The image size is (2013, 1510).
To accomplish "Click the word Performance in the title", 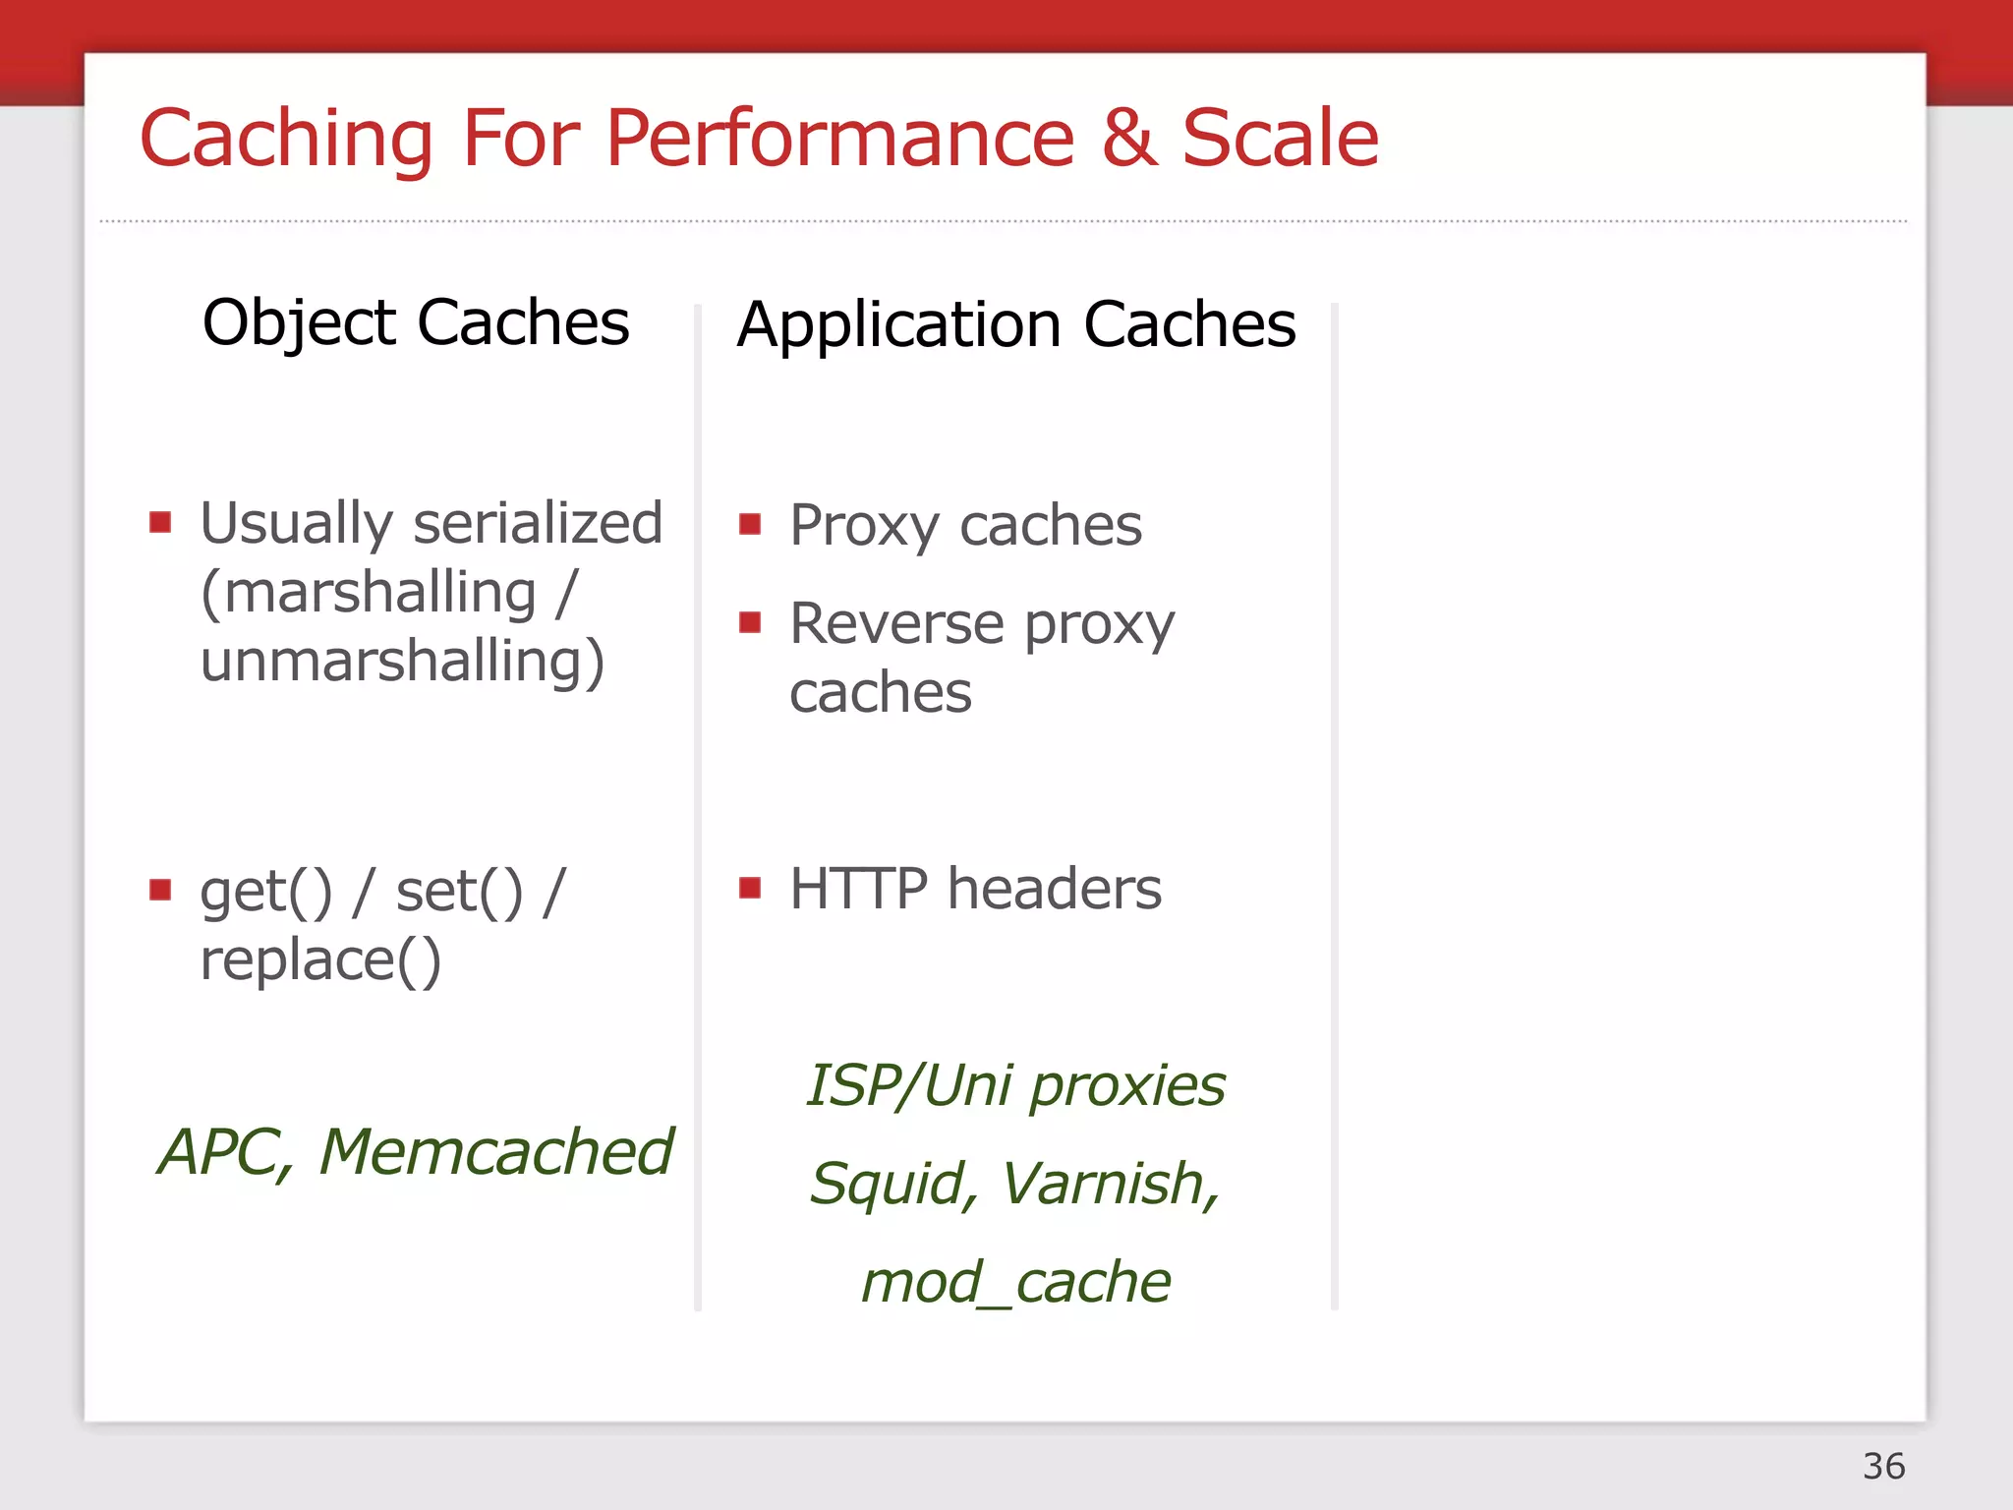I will coord(840,140).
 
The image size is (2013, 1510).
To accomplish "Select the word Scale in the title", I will coord(1280,140).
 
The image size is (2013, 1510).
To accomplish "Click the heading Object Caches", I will coord(416,323).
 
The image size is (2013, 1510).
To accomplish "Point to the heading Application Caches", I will coord(1016,325).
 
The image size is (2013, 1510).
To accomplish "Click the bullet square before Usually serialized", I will coord(160,521).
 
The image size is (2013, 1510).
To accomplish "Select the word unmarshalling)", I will coord(403,661).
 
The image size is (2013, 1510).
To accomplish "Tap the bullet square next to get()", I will coord(160,890).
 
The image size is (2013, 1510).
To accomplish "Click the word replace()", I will coord(320,960).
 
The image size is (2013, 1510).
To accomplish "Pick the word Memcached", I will coord(496,1152).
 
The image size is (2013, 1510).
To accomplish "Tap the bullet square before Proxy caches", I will coord(750,524).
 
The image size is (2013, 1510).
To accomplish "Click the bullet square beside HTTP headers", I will coord(750,889).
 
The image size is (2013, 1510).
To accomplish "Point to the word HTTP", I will coord(858,890).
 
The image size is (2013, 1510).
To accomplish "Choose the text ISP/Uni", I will coord(909,1086).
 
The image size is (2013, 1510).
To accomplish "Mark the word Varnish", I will coord(1110,1184).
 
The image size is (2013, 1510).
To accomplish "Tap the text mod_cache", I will coord(1016,1283).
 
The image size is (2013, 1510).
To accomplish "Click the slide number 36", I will coord(1883,1467).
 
